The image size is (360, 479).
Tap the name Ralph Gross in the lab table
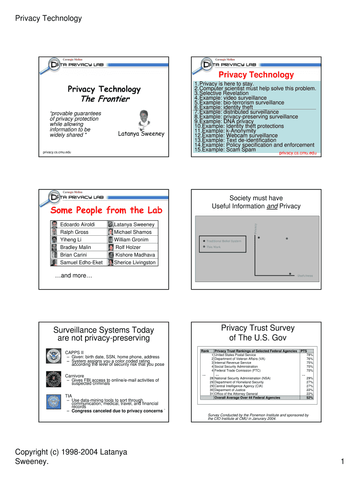coord(74,232)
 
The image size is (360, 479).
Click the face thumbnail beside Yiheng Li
coord(55,240)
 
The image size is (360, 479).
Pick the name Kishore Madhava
coord(135,255)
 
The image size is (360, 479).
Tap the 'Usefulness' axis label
coord(305,276)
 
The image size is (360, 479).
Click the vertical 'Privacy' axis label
coord(256,228)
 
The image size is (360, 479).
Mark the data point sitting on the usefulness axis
coord(290,273)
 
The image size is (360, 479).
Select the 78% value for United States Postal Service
coord(310,355)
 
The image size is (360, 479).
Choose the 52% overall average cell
coord(310,398)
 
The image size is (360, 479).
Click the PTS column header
coord(304,351)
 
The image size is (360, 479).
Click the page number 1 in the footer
coord(343,463)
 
